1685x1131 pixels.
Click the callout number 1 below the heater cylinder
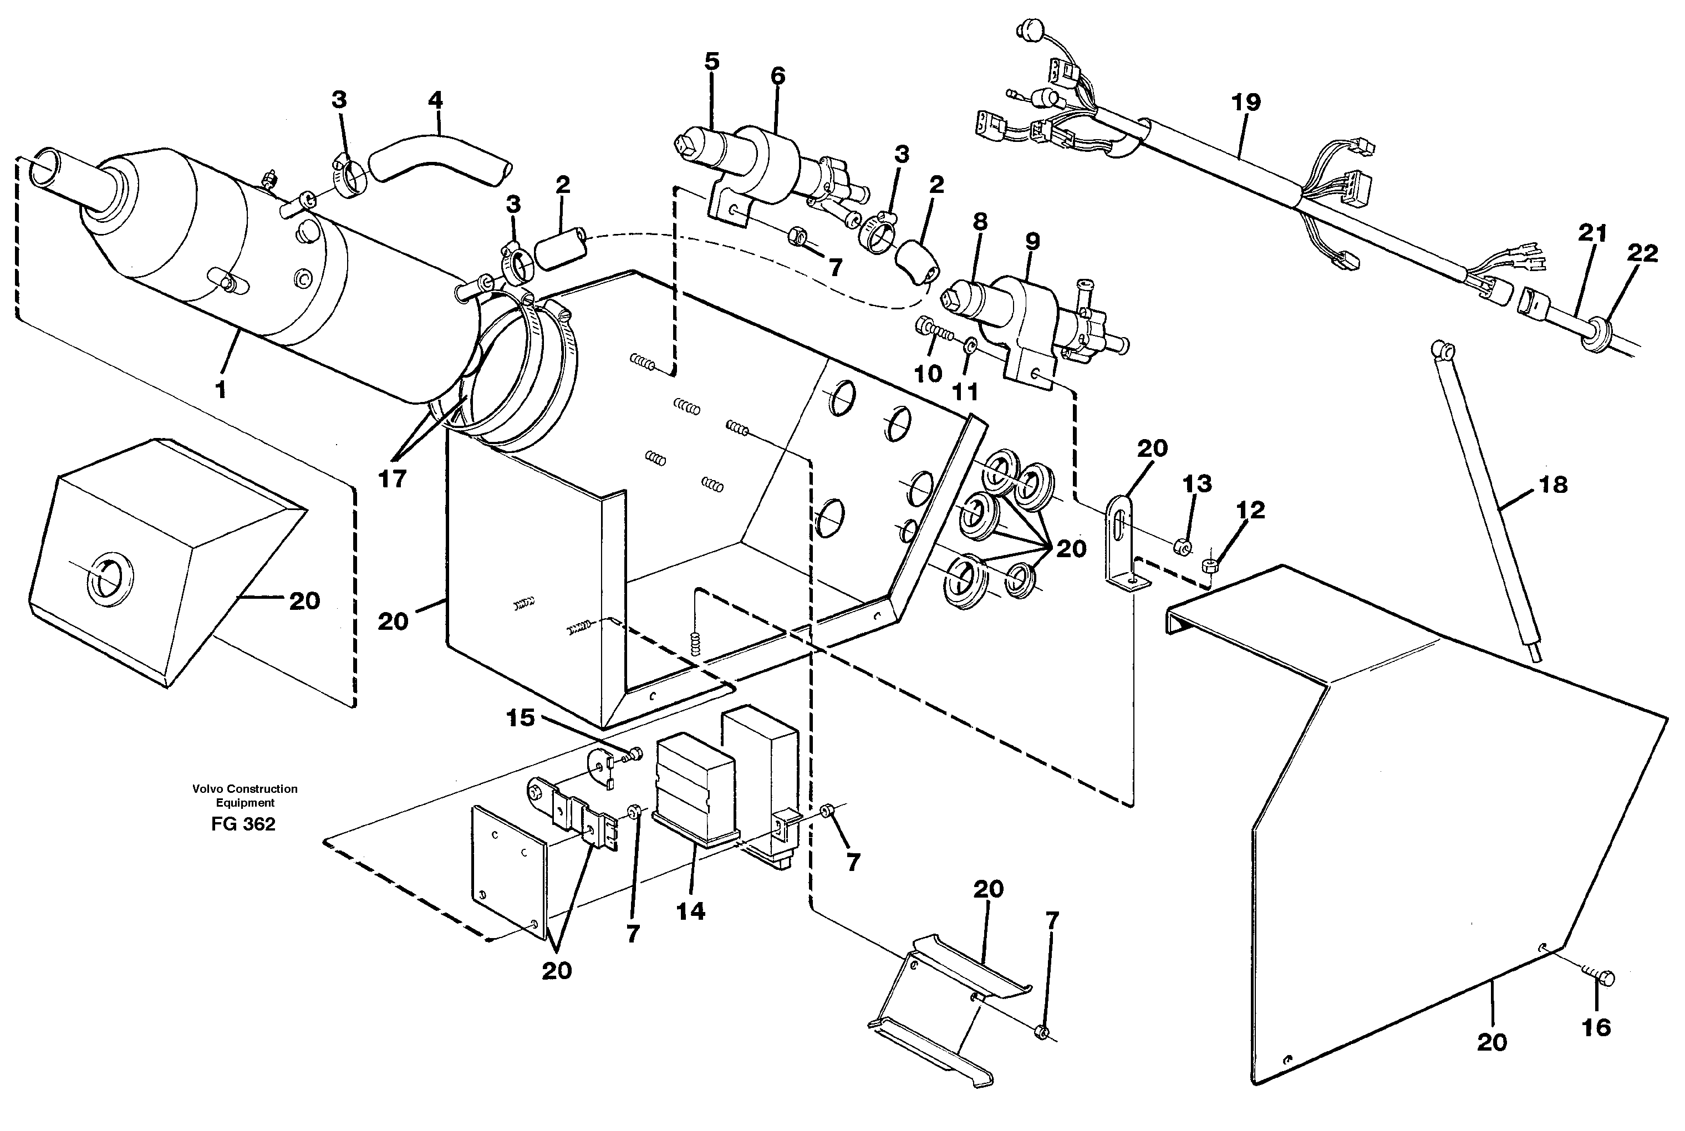[221, 390]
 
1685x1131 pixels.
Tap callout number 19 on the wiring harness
[1246, 103]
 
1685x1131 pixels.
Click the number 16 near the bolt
[1596, 1027]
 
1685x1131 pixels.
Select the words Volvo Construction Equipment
[245, 796]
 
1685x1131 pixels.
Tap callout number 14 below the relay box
[690, 911]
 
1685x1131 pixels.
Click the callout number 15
[520, 718]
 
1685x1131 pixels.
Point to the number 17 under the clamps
[393, 478]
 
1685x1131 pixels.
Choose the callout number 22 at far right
[1642, 253]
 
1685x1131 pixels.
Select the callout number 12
[1250, 510]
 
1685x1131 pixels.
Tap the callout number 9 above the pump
[1032, 242]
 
